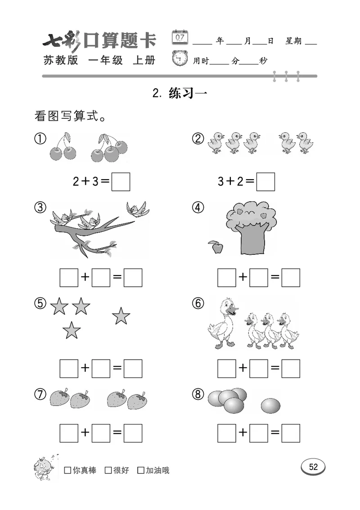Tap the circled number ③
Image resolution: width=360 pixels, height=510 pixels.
coord(40,208)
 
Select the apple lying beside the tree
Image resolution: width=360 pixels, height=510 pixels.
coord(217,247)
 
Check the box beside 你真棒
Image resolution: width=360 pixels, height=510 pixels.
coord(67,470)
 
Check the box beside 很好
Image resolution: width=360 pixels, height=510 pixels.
coord(108,470)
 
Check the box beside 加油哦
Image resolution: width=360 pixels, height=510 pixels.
coord(141,470)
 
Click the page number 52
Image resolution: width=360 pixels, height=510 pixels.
coord(313,467)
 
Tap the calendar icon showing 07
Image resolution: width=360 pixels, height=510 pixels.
coord(180,37)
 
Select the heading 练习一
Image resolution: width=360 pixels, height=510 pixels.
coord(188,93)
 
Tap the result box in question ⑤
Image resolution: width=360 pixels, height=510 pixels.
coord(133,368)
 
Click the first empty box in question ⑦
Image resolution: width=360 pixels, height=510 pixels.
coord(69,433)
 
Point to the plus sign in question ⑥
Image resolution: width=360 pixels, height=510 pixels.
coord(243,368)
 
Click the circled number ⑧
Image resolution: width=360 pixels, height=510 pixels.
coord(198,394)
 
